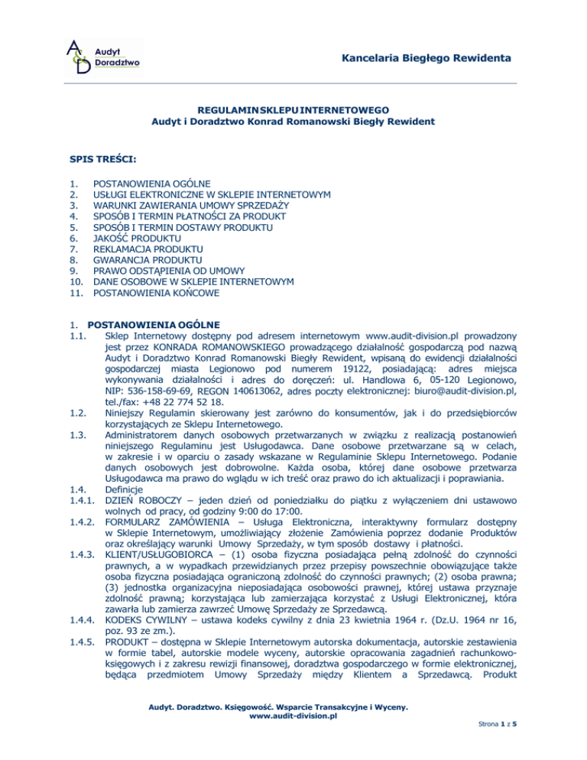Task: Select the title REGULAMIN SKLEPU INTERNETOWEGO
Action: point(294,110)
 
